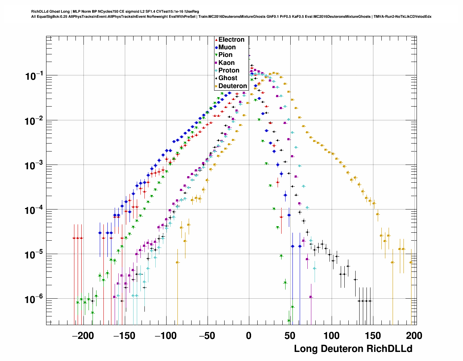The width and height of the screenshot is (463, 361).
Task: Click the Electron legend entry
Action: (x=231, y=40)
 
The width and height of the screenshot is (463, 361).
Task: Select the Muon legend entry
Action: (x=227, y=47)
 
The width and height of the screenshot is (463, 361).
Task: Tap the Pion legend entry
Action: (x=225, y=55)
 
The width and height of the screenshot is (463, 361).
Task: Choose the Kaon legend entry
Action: (x=226, y=63)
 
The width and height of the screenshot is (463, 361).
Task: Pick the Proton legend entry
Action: (x=229, y=70)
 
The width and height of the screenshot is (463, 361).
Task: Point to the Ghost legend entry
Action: (x=228, y=78)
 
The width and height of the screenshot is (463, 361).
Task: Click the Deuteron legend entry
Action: (x=233, y=86)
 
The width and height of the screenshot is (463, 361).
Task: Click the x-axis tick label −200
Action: (x=83, y=336)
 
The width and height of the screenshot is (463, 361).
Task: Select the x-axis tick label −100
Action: (x=165, y=336)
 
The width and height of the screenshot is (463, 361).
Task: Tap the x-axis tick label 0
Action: (x=249, y=336)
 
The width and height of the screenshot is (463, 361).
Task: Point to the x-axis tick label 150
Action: (x=373, y=336)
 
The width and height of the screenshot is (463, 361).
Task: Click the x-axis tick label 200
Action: (x=414, y=336)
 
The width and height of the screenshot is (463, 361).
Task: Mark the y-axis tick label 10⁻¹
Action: (x=34, y=76)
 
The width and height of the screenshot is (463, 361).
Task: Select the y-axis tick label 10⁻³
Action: (x=34, y=166)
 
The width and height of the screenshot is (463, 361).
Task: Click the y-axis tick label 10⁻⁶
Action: (x=34, y=299)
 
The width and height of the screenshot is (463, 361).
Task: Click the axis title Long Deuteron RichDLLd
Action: (x=353, y=349)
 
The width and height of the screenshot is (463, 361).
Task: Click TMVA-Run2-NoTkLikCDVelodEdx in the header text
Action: (x=403, y=17)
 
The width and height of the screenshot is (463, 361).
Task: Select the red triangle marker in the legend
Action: (x=216, y=40)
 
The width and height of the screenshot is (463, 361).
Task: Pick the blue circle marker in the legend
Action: (x=216, y=47)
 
